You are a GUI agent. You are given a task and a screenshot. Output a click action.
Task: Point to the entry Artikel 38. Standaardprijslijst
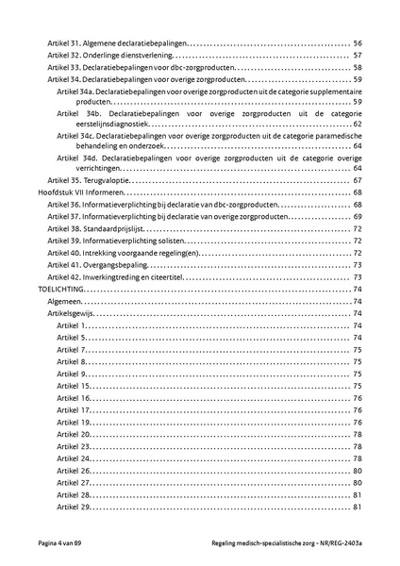98,229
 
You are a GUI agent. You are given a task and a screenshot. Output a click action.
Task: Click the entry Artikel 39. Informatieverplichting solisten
116,241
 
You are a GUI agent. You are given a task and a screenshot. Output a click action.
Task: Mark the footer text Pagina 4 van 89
66,545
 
